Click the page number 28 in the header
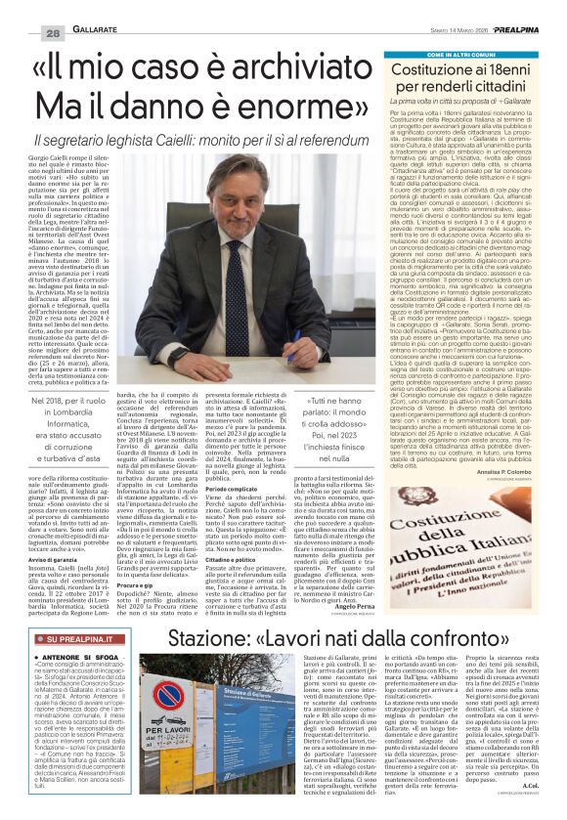point(27,8)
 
